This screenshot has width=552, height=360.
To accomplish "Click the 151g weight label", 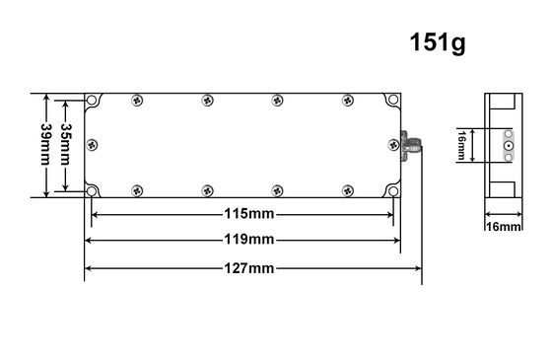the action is (x=438, y=43).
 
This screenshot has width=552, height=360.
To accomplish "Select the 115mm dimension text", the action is (x=249, y=214).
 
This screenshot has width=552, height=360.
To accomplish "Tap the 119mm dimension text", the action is (x=249, y=240).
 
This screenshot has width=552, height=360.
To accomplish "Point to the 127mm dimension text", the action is (x=249, y=268).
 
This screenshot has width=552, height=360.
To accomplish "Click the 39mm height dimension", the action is (x=45, y=144).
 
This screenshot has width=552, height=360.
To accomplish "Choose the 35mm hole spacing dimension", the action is (x=65, y=144).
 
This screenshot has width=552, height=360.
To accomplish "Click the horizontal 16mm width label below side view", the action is (x=504, y=227).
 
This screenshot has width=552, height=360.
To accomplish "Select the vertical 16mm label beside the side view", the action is (x=461, y=145).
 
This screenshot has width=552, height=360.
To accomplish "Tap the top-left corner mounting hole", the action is (x=92, y=101).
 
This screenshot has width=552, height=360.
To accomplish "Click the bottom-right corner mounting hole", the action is (x=393, y=191).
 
